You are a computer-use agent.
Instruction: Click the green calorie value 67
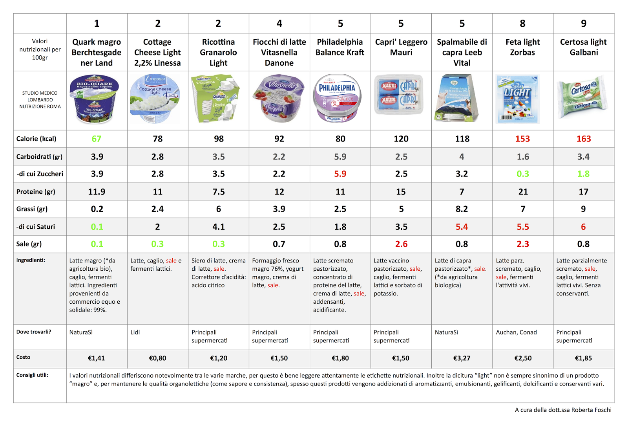(97, 139)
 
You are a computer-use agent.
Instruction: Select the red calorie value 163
(583, 139)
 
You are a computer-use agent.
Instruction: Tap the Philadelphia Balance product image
(337, 98)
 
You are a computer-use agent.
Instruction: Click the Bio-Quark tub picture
(94, 99)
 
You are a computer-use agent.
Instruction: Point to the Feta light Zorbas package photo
(518, 99)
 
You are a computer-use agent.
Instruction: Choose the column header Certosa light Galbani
(583, 47)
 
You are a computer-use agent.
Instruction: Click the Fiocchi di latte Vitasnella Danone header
(279, 52)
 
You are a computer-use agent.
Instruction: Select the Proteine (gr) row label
(36, 192)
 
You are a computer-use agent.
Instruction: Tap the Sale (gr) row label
(29, 244)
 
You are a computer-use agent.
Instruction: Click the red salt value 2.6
(401, 244)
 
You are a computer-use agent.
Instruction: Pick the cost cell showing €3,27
(462, 358)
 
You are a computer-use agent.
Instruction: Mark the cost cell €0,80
(157, 358)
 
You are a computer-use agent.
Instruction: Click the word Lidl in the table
(135, 332)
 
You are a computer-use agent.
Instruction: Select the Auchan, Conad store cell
(516, 332)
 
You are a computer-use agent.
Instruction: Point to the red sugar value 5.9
(340, 174)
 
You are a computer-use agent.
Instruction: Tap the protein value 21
(523, 192)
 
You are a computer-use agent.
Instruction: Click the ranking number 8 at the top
(522, 24)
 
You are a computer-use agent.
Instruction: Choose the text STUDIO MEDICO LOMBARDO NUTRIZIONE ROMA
(40, 100)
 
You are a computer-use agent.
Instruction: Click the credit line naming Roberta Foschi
(563, 410)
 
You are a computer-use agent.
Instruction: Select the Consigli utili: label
(32, 375)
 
